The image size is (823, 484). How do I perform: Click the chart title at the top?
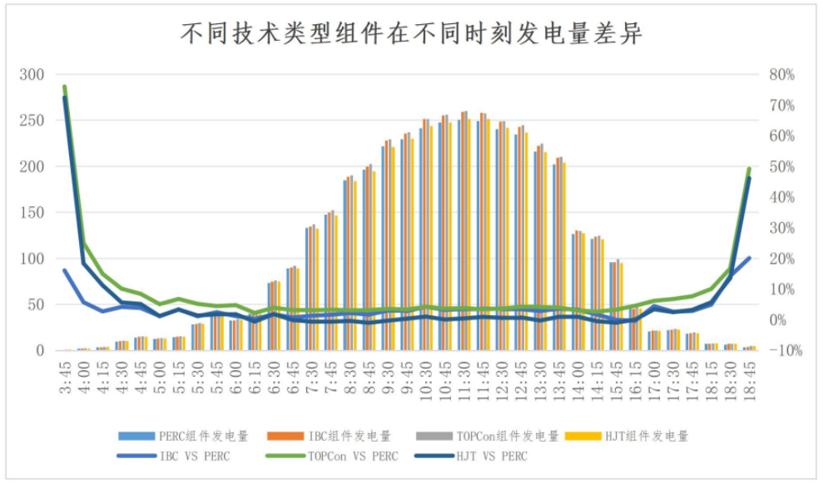click(x=412, y=34)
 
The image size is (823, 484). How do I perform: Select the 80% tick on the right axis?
click(x=781, y=75)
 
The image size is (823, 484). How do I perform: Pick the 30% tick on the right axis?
click(x=781, y=228)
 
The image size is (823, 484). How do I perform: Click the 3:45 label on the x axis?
click(x=65, y=375)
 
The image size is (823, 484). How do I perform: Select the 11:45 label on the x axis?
click(x=483, y=377)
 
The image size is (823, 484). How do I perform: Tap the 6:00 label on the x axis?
click(x=236, y=375)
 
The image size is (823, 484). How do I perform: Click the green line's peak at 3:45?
click(x=64, y=86)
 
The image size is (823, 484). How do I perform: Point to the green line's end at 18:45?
click(x=750, y=169)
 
